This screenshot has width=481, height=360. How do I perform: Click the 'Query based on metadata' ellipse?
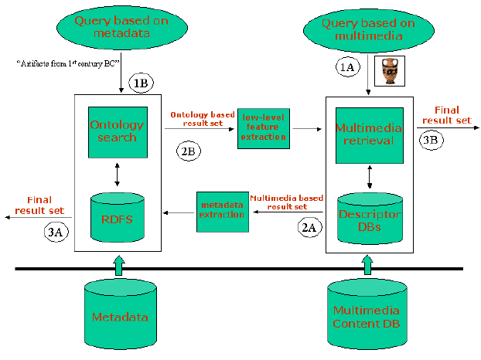coord(121,28)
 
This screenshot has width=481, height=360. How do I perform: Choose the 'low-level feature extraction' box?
coord(263,126)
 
